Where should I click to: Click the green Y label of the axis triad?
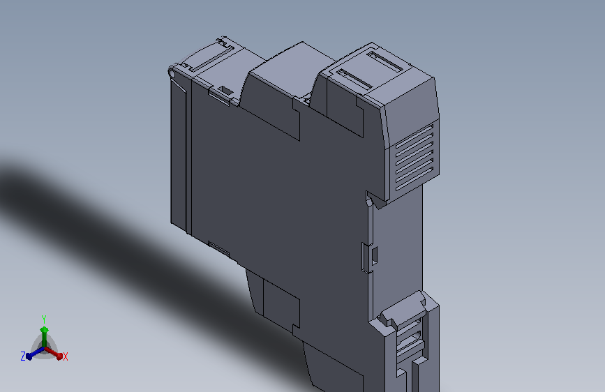pos(44,319)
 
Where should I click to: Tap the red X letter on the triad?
pos(65,356)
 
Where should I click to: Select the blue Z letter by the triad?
pos(23,356)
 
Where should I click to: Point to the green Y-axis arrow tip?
pos(45,330)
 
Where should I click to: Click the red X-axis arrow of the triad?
pos(53,353)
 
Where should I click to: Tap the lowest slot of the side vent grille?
pos(414,179)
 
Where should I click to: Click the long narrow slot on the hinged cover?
pos(212,59)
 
